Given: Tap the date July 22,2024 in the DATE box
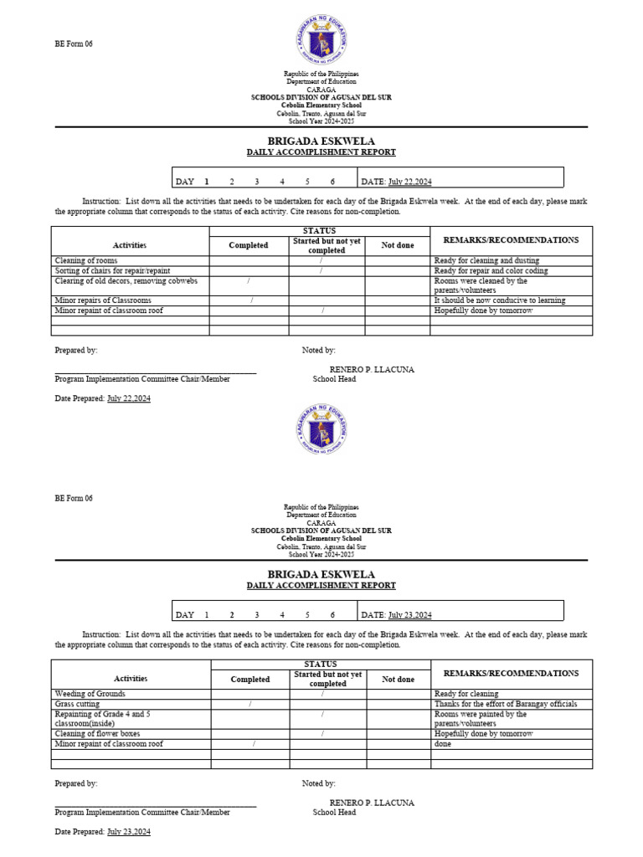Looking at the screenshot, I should (410, 182).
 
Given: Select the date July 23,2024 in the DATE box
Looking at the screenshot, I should (410, 615).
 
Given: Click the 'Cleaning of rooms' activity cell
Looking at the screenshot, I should (86, 261).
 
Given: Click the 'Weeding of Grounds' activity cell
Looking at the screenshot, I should (90, 694).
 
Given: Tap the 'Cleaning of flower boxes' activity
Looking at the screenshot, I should (97, 734).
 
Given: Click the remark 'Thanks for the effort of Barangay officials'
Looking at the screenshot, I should (506, 704).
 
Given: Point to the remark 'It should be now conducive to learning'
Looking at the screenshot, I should (500, 300).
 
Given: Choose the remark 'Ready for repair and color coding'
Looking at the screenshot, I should (491, 271).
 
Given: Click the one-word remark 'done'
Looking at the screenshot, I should (443, 744).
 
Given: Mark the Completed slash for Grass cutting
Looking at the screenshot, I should (250, 704).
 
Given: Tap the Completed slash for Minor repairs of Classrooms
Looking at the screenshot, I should (250, 300).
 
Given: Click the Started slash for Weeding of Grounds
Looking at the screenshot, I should (322, 694).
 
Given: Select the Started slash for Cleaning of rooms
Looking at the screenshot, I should (321, 261).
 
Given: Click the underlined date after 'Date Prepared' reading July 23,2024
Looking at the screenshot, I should (129, 832).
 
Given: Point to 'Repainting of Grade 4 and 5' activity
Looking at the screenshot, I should (102, 715).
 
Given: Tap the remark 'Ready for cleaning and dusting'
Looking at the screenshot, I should (486, 261).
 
